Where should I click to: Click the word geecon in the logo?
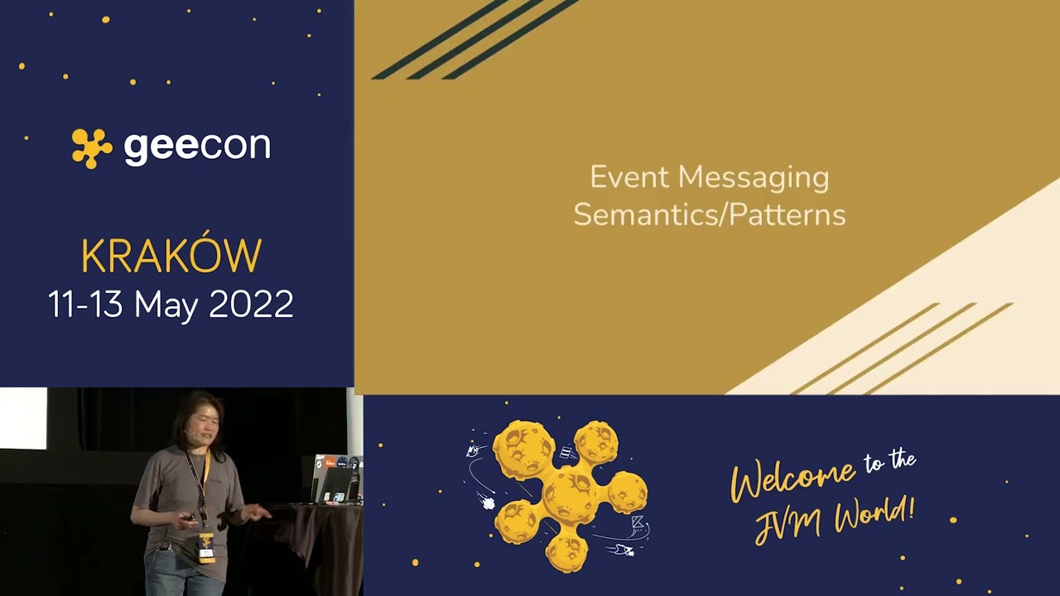click(197, 147)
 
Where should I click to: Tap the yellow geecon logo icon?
click(91, 148)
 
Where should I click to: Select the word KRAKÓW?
click(171, 257)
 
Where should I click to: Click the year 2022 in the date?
click(251, 305)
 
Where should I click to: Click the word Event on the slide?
click(629, 177)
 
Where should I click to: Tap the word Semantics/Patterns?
click(709, 215)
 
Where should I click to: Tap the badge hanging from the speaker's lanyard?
click(206, 547)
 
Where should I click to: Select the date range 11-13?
click(86, 305)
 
